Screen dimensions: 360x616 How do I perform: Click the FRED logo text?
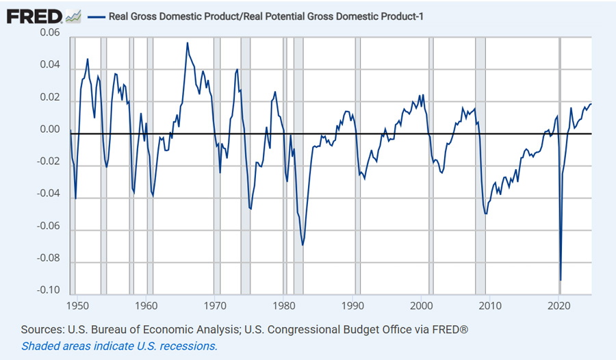[35, 15]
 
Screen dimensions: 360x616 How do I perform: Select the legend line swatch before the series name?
[97, 16]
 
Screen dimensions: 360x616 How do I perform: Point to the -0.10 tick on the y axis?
[47, 291]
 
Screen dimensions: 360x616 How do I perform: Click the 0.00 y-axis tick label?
[49, 129]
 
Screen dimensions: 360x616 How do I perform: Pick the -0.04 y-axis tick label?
[47, 194]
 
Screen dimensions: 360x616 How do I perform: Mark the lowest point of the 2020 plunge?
[561, 280]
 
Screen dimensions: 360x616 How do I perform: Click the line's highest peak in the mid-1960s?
[188, 42]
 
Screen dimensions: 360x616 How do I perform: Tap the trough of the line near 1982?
[302, 245]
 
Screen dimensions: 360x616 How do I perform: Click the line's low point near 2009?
[485, 214]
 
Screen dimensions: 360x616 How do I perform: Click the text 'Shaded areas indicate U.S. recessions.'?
[119, 346]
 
